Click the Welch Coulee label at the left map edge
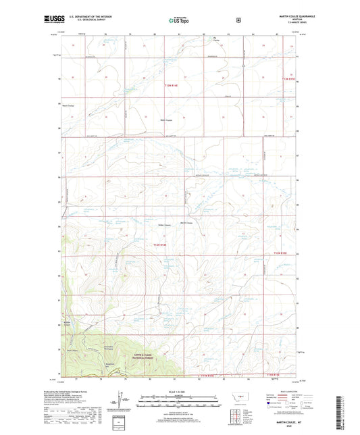(68, 105)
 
